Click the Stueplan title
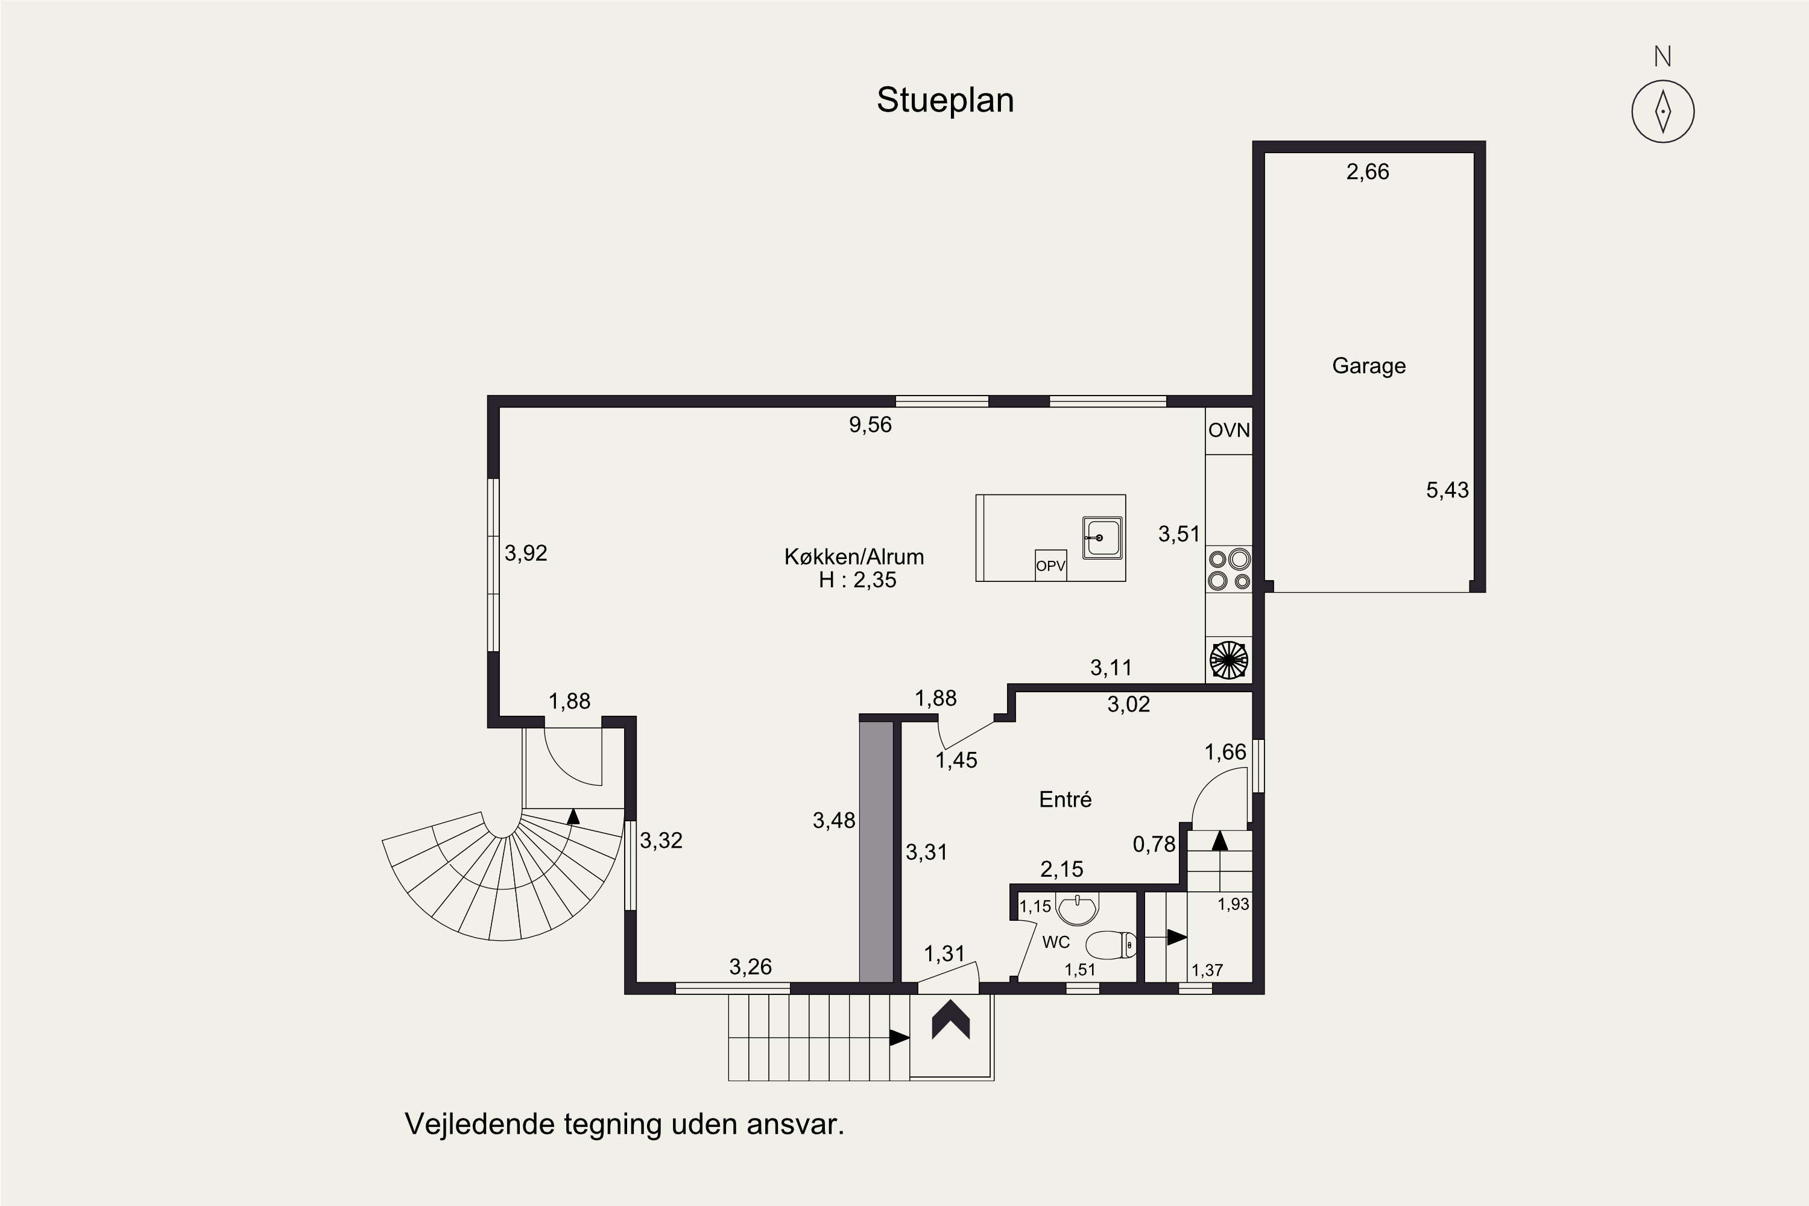click(x=946, y=101)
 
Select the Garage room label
click(x=1369, y=365)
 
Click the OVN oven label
click(x=1229, y=430)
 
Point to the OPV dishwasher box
click(x=1050, y=566)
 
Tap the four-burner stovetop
click(x=1229, y=569)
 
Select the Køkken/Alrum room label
click(x=854, y=556)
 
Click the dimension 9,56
click(x=871, y=425)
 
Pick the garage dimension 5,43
click(x=1448, y=490)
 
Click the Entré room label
click(x=1066, y=799)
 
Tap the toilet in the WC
click(x=1111, y=944)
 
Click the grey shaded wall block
click(x=876, y=852)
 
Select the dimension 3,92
click(x=526, y=553)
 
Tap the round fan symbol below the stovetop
click(x=1229, y=660)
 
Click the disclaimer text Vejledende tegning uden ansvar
click(x=625, y=1125)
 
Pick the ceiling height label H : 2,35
click(x=857, y=580)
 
